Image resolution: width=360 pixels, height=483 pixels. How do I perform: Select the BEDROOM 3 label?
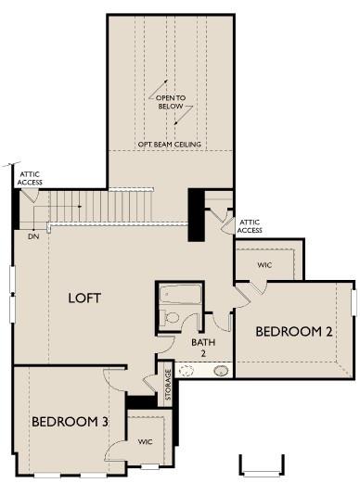(70, 422)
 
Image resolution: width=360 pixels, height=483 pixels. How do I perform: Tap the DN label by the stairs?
(32, 236)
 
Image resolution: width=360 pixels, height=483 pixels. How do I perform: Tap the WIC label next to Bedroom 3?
(147, 441)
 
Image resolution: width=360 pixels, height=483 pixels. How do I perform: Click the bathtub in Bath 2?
(180, 295)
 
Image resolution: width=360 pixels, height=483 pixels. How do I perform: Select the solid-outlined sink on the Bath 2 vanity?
(221, 372)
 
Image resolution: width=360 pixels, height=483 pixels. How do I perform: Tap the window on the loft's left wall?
(13, 294)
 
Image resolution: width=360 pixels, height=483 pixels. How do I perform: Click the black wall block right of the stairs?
(197, 214)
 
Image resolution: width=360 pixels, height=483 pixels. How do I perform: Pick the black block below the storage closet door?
(142, 401)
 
